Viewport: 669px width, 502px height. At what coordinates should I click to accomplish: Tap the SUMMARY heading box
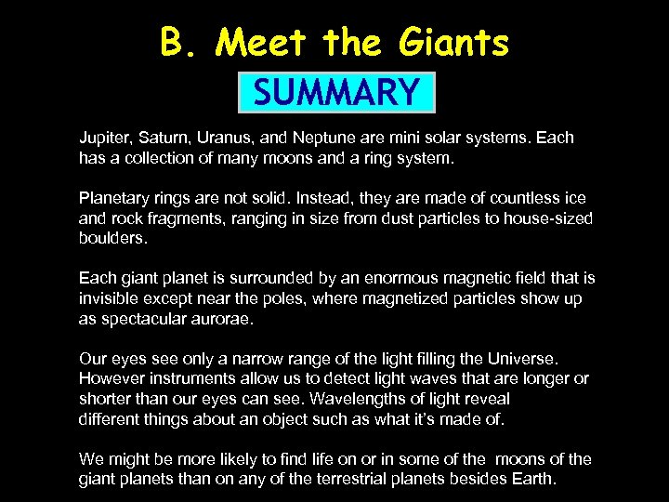tap(335, 92)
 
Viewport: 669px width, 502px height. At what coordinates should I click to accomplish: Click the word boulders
tap(112, 238)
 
